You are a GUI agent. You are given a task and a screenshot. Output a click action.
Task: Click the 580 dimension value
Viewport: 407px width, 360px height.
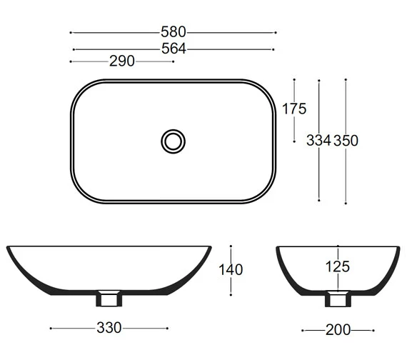[174, 32]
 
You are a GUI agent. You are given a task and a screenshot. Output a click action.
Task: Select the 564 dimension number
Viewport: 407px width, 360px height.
[174, 49]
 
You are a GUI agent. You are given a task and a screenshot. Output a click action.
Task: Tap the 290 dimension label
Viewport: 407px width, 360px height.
[122, 61]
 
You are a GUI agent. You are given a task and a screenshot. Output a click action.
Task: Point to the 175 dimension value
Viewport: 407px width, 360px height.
[293, 109]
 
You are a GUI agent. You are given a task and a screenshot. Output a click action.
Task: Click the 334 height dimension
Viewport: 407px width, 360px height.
[318, 141]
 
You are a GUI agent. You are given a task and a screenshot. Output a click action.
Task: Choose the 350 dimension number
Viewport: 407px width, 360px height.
[346, 141]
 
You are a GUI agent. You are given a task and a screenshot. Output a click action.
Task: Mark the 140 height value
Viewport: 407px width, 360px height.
[231, 270]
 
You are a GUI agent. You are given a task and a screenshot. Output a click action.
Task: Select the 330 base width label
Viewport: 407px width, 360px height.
[109, 328]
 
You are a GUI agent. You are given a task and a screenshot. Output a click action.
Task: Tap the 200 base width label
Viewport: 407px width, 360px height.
[338, 330]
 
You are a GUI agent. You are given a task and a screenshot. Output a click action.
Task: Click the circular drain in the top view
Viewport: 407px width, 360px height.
[173, 141]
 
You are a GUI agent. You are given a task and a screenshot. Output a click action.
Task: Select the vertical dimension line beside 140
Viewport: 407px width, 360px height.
[231, 286]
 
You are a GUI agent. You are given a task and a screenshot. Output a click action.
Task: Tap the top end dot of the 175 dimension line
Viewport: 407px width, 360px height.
[293, 79]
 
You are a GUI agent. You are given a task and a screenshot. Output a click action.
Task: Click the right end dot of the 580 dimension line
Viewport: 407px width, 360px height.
[276, 32]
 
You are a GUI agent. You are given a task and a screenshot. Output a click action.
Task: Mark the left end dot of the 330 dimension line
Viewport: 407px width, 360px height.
[51, 328]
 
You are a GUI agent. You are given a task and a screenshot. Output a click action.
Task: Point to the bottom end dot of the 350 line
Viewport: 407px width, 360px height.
[346, 203]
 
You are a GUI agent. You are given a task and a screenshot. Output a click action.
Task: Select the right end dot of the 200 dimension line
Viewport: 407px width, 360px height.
[373, 330]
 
